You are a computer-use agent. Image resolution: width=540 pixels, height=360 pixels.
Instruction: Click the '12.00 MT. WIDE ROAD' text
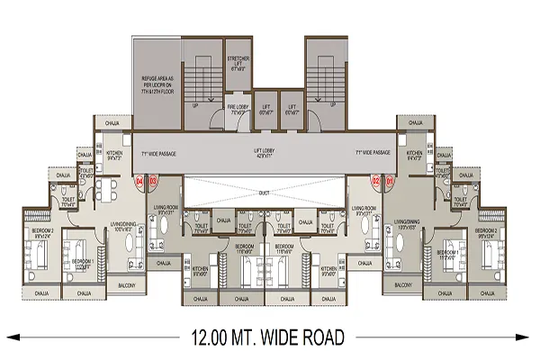pos(269,338)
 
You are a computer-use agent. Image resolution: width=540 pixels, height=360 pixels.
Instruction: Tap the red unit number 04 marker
pos(139,181)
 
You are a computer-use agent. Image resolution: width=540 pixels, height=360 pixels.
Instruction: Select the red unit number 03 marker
pos(153,181)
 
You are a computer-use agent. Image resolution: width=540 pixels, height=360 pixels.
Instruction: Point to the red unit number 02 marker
pos(375,181)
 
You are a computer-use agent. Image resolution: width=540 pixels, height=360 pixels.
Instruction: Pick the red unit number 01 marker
pos(390,181)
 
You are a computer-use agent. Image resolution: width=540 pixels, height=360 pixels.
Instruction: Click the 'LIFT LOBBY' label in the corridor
pos(264,154)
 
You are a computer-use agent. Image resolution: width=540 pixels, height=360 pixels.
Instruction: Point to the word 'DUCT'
pos(265,191)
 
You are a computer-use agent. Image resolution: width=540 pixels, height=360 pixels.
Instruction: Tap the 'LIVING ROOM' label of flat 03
pos(166,212)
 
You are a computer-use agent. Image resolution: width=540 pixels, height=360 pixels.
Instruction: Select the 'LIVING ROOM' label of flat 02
pos(364,212)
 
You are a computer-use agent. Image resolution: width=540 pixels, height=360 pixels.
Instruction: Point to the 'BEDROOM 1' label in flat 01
pos(448,255)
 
